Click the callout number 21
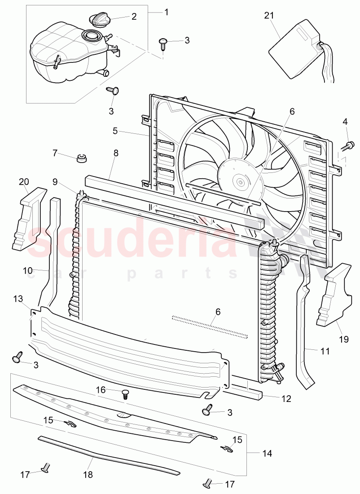(269, 16)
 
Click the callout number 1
(167, 12)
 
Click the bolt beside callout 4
(348, 145)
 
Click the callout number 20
(24, 181)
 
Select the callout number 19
(343, 339)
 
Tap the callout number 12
(286, 398)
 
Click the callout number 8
(116, 153)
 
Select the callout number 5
(115, 131)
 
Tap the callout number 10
(28, 271)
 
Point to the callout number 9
(55, 182)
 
